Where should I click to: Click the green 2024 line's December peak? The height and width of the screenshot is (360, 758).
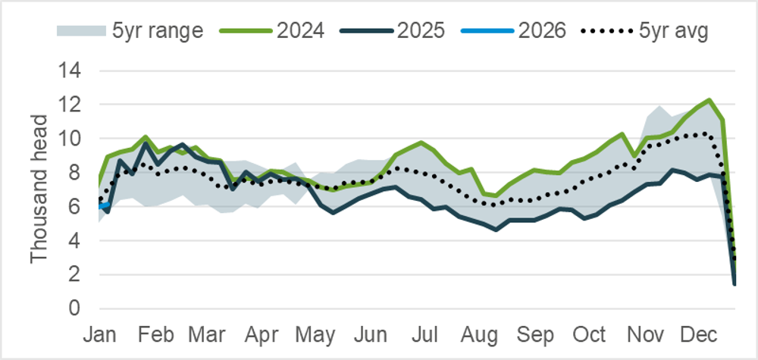tap(709, 100)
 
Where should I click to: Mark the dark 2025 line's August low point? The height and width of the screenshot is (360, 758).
tap(496, 229)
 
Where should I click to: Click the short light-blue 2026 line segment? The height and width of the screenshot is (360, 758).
tap(105, 205)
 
